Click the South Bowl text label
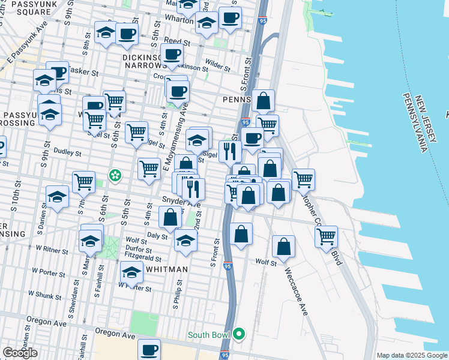pos(209,335)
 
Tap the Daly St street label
pos(157,236)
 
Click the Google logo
pos(20,353)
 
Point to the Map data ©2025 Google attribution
pos(412,355)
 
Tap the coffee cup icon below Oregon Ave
pos(149,349)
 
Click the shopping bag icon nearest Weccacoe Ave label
pos(283,246)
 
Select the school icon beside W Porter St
pos(131,272)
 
